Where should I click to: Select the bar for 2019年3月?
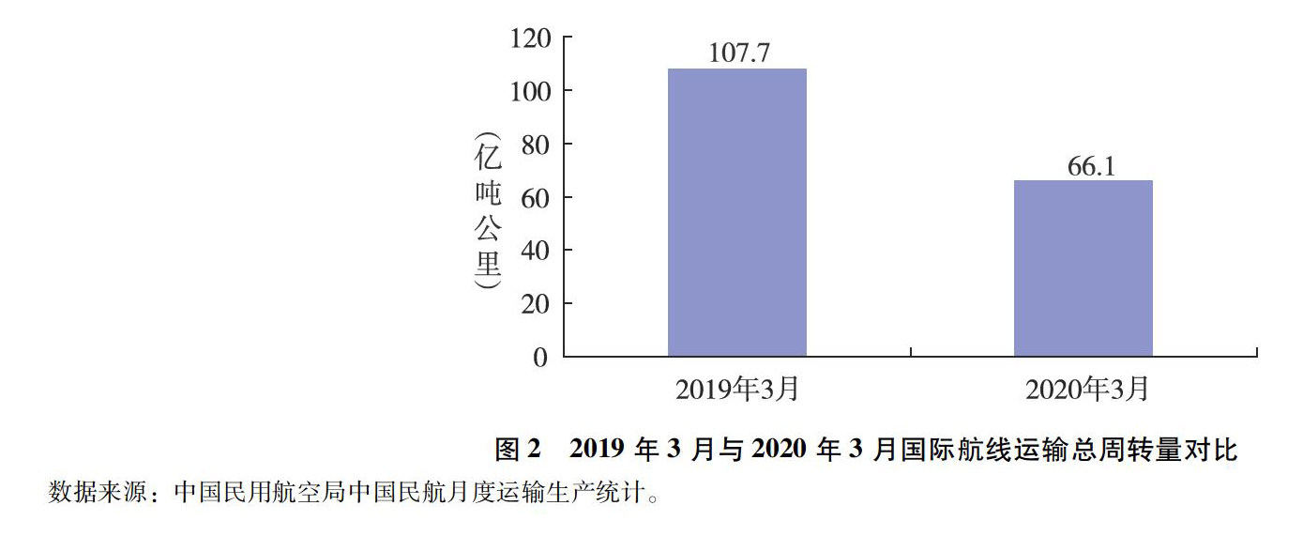pos(736,212)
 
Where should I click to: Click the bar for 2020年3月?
pos(1083,268)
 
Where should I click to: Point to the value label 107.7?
pos(739,53)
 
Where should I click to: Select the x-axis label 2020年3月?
pos(1086,390)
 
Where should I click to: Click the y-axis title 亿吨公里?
pos(488,211)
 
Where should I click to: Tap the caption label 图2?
pos(518,451)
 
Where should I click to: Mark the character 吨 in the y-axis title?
pos(488,192)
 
